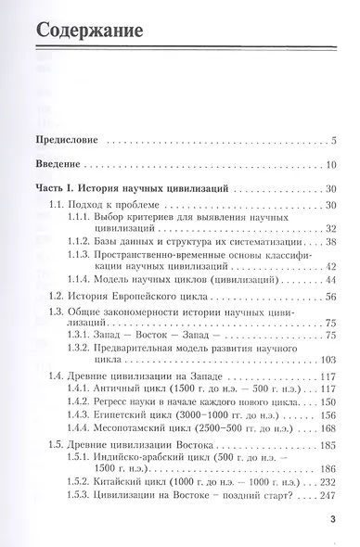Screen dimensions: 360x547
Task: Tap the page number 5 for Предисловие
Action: (331, 141)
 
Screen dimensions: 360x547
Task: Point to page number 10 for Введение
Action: (329, 164)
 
